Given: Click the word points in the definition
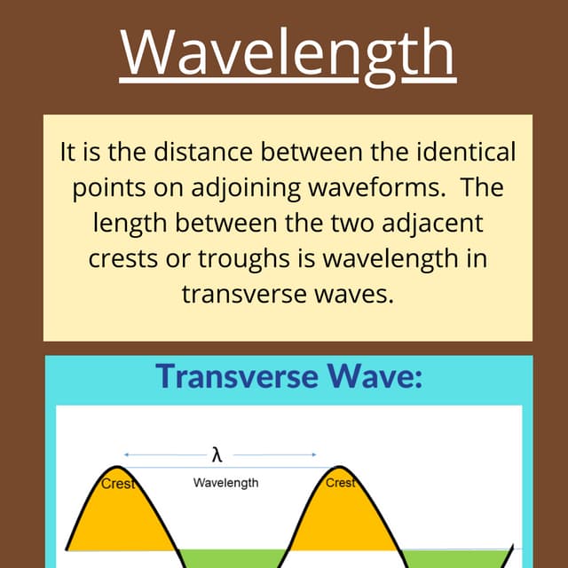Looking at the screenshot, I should click(x=105, y=189).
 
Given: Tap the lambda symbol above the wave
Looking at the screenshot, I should click(x=217, y=455).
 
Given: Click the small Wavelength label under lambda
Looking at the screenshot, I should click(x=226, y=483).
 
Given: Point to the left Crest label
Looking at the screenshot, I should click(x=117, y=484).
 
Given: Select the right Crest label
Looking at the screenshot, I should click(x=341, y=483).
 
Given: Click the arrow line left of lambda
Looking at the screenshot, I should click(x=165, y=454).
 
